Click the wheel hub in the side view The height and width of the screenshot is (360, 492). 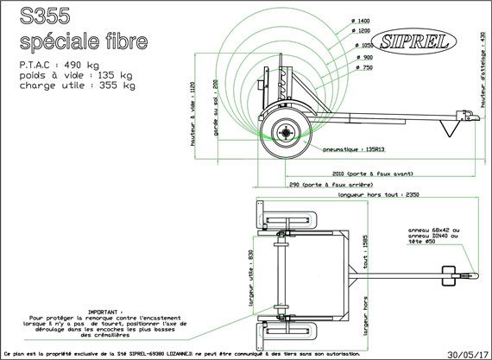point(284,132)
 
